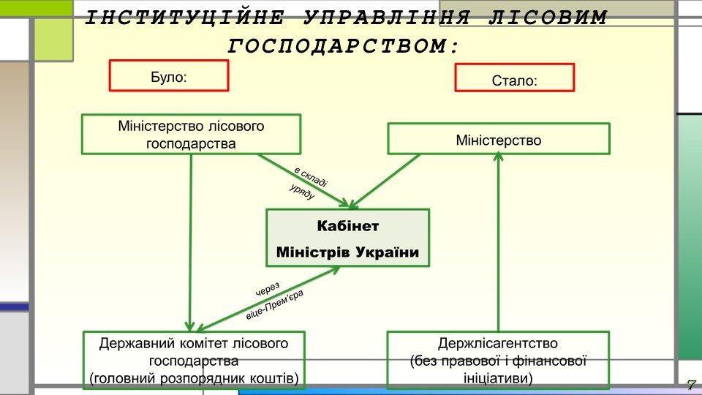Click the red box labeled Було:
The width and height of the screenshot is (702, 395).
click(169, 75)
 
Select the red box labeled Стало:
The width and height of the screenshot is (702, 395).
click(514, 78)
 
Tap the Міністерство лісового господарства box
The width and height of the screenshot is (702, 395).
click(191, 134)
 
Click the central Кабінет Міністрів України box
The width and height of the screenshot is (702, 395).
click(347, 238)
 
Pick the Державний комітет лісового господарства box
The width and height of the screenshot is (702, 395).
click(193, 361)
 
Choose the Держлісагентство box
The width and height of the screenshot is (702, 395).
click(498, 361)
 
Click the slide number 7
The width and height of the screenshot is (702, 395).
click(690, 385)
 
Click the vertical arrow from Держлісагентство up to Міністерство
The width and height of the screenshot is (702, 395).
click(499, 241)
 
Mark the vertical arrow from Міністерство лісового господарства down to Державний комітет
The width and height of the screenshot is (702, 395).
click(191, 241)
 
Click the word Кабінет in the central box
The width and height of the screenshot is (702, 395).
click(347, 225)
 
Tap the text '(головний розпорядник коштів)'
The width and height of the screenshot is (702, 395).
click(193, 379)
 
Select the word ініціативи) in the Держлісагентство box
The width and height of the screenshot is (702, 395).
click(498, 379)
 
